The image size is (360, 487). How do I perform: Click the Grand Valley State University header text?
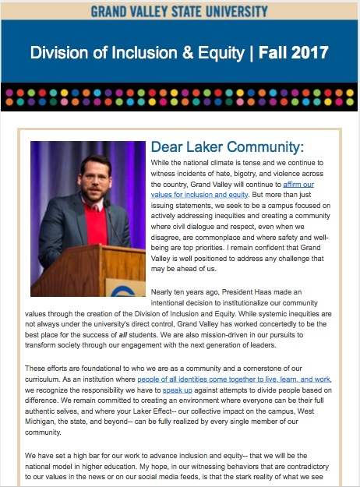click(179, 11)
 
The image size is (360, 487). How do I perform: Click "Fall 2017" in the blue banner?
click(294, 54)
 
